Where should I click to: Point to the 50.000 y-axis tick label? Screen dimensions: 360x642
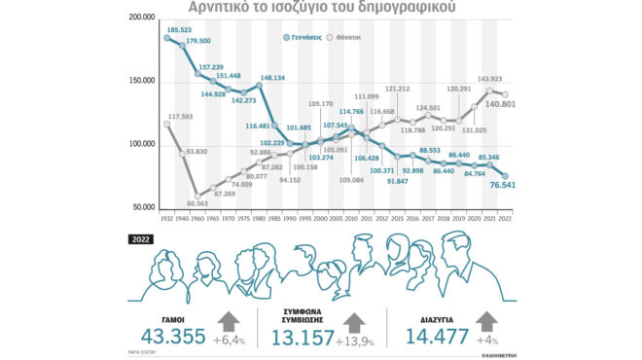143,206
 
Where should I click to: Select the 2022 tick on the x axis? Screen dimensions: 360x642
505,220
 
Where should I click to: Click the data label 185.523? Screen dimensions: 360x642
179,31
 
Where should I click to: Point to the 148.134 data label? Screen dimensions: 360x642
271,78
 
